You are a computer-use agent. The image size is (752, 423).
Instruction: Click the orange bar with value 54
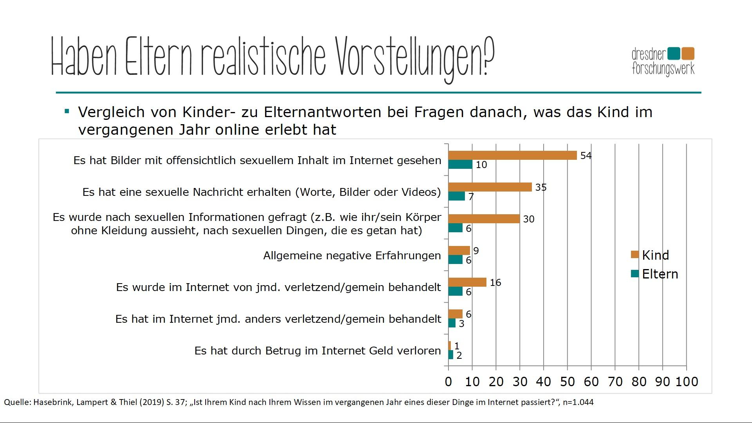[512, 155]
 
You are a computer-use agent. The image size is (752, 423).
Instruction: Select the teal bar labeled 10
[460, 164]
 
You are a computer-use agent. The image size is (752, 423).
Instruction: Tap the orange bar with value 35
[490, 187]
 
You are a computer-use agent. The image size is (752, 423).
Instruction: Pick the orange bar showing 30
[484, 219]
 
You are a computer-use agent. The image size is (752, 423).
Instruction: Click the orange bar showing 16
[467, 282]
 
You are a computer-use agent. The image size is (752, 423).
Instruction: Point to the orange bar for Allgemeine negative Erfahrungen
[459, 251]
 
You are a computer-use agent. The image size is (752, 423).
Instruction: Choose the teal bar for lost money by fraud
[451, 355]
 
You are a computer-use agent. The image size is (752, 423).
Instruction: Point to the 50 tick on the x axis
[567, 381]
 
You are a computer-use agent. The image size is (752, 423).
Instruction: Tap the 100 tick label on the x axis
[687, 381]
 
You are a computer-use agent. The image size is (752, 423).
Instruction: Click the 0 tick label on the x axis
[448, 381]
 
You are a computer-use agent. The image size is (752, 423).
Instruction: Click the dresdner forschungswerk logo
[663, 61]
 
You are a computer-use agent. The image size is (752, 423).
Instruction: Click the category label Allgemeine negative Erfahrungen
[352, 256]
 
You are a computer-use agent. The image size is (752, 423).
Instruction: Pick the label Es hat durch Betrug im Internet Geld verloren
[318, 351]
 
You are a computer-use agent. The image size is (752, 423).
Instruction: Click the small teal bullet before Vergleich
[67, 112]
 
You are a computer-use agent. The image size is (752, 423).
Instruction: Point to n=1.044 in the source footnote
[578, 402]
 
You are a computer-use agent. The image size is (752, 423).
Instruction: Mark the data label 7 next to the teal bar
[471, 197]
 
